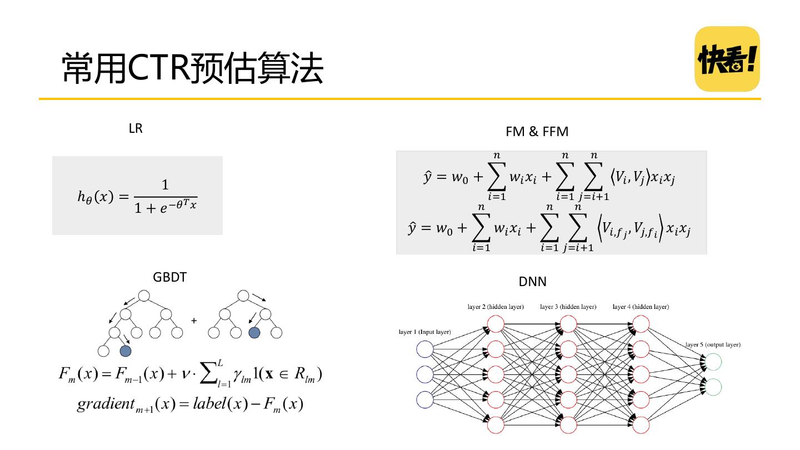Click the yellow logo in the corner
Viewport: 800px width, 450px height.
tap(727, 58)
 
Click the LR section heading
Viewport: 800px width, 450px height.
tap(136, 128)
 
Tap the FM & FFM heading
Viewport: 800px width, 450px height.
tap(537, 132)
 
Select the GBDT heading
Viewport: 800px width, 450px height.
tap(169, 277)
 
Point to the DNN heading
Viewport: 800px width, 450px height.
tap(532, 282)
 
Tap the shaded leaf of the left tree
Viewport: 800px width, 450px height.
tap(126, 351)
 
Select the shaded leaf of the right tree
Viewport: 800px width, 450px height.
tap(254, 333)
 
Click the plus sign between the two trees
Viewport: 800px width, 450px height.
tap(193, 321)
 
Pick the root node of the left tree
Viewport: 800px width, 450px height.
tap(144, 296)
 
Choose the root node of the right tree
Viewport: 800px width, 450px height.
tap(243, 296)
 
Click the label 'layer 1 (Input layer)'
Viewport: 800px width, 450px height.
tap(424, 332)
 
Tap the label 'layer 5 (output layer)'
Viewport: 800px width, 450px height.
tap(713, 344)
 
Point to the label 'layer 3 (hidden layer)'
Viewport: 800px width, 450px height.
tap(568, 307)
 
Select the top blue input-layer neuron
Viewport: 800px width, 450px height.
tap(425, 349)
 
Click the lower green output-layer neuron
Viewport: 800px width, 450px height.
tap(712, 387)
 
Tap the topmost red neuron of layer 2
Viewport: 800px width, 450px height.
tap(495, 324)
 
